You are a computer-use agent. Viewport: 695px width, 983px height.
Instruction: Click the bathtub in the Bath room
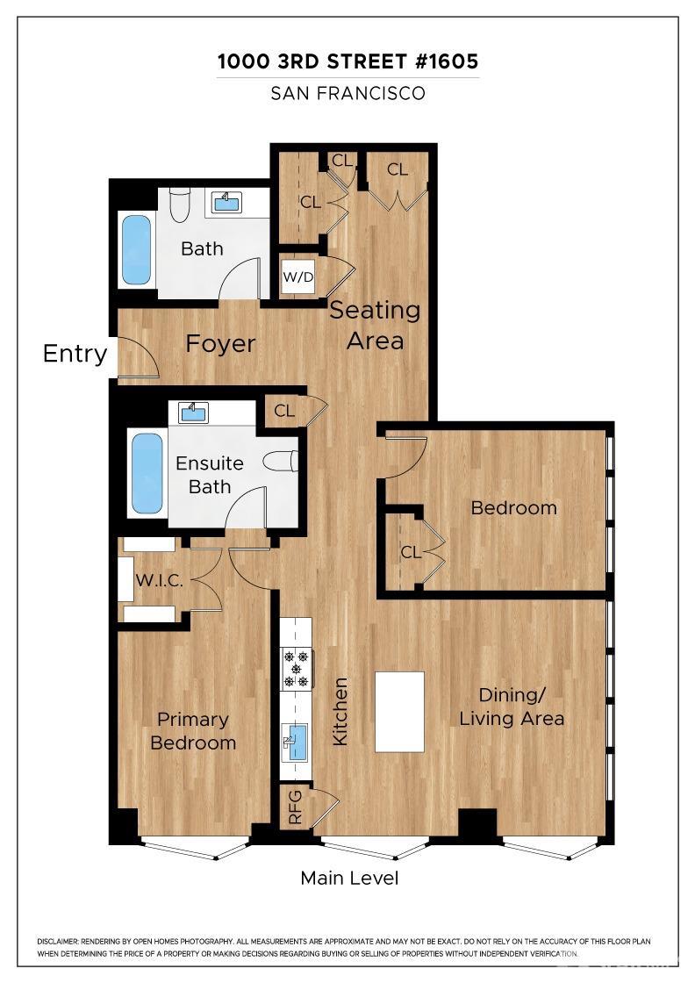(136, 249)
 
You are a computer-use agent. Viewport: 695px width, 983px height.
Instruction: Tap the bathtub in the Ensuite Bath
(147, 473)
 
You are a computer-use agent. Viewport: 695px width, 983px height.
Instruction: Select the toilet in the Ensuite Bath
(284, 462)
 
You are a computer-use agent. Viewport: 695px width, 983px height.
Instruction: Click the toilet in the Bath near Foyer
(179, 204)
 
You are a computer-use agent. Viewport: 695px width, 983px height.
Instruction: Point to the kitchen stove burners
(296, 668)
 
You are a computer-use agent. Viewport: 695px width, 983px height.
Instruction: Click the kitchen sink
(296, 743)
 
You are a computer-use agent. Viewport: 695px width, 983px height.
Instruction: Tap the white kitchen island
(399, 711)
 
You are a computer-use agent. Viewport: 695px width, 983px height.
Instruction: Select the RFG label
(295, 807)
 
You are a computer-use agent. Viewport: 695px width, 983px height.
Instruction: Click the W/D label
(297, 278)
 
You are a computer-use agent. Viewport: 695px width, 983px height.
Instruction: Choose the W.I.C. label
(158, 580)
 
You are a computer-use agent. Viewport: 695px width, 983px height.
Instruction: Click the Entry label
(75, 354)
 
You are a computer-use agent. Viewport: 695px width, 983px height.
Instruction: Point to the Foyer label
(220, 344)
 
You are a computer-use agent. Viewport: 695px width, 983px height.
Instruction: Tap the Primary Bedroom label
(193, 731)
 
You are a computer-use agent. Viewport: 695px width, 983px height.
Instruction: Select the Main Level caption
(349, 878)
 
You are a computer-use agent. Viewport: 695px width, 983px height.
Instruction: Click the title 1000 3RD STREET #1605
(348, 62)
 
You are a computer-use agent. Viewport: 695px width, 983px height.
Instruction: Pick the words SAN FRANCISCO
(348, 93)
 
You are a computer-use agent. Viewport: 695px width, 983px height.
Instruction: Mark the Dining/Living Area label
(512, 707)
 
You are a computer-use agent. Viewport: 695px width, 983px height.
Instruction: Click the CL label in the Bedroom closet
(411, 553)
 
